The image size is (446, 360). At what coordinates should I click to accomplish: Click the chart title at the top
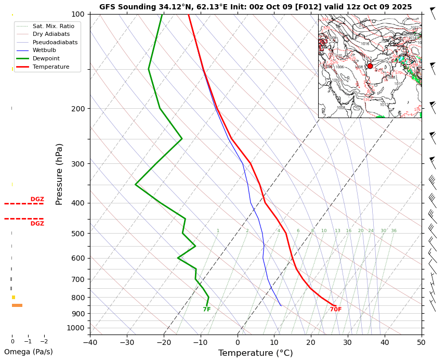click(x=255, y=7)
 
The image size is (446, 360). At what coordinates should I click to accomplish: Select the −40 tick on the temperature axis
click(x=90, y=342)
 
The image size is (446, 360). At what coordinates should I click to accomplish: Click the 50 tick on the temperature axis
click(x=421, y=342)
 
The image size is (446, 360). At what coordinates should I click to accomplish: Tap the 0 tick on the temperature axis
click(x=238, y=342)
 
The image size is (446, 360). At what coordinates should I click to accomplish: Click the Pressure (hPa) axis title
click(x=59, y=174)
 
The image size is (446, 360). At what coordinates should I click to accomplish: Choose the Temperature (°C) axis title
click(x=255, y=353)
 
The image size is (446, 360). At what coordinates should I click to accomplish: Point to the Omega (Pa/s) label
click(x=29, y=352)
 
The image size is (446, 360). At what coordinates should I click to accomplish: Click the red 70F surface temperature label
click(x=336, y=310)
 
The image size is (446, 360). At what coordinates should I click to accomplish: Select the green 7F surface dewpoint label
click(x=206, y=310)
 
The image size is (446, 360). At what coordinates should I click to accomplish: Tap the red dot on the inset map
click(x=370, y=66)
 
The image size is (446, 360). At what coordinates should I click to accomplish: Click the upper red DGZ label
click(x=37, y=199)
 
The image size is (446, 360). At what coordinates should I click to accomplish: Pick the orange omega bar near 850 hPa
click(x=17, y=305)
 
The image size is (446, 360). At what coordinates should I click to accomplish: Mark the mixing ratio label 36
click(x=393, y=230)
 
